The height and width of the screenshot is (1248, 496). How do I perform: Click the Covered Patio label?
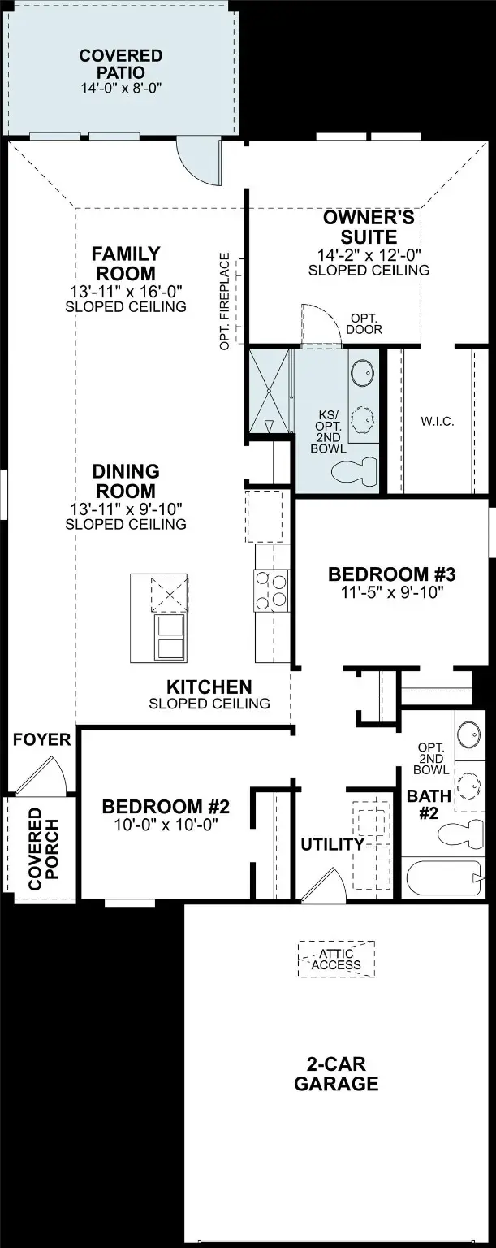(x=121, y=64)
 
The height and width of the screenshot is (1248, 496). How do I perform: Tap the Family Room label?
(x=126, y=263)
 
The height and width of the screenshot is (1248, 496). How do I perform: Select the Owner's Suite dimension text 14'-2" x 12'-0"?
(x=369, y=255)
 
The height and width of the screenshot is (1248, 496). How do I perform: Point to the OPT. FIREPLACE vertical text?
(x=225, y=301)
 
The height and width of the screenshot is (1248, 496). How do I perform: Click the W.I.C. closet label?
(x=437, y=421)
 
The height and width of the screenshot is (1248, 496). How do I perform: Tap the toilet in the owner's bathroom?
(x=356, y=472)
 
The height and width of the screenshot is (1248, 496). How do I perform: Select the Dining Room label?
(x=126, y=481)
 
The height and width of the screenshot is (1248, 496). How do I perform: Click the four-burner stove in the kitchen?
(x=271, y=590)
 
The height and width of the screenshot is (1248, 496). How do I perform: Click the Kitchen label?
(x=209, y=687)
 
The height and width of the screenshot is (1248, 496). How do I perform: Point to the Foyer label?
(x=41, y=740)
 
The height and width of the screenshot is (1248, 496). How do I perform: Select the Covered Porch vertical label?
(x=43, y=848)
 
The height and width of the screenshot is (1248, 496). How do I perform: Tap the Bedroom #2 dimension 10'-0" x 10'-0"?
(x=166, y=824)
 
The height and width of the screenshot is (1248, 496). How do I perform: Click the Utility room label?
(x=332, y=845)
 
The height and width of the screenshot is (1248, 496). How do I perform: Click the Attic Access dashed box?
(x=336, y=958)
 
